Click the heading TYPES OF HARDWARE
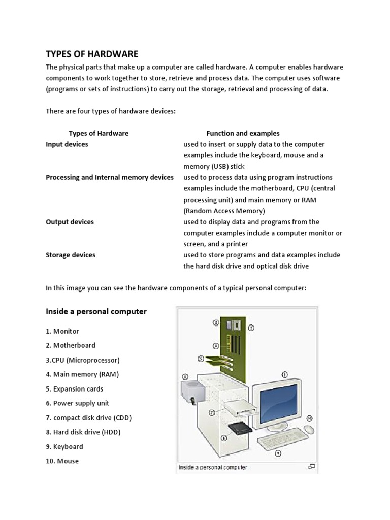pyautogui.click(x=92, y=54)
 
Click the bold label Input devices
pyautogui.click(x=67, y=144)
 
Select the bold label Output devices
pyautogui.click(x=70, y=222)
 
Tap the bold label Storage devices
pyautogui.click(x=71, y=255)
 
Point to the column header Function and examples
pyautogui.click(x=243, y=133)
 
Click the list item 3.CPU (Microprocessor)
pyautogui.click(x=83, y=360)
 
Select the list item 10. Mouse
pyautogui.click(x=62, y=461)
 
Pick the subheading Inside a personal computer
pyautogui.click(x=96, y=311)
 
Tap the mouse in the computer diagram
pyautogui.click(x=308, y=430)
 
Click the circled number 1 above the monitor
pyautogui.click(x=284, y=374)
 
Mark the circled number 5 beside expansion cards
pyautogui.click(x=201, y=358)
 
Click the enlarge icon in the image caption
pyautogui.click(x=312, y=466)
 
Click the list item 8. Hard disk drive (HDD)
pyautogui.click(x=83, y=432)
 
